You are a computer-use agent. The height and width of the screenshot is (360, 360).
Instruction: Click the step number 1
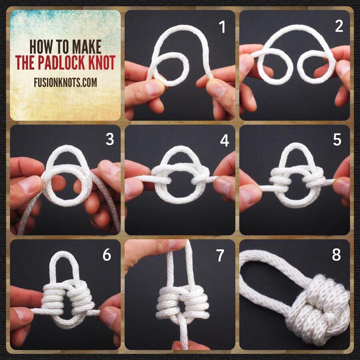[x=222, y=27]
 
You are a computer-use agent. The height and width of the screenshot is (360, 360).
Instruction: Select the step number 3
[x=110, y=139]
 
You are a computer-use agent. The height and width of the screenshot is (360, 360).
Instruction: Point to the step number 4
[x=224, y=140]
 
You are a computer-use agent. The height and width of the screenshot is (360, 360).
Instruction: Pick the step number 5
[x=337, y=140]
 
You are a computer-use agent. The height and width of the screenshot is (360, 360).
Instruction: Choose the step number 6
[x=107, y=255]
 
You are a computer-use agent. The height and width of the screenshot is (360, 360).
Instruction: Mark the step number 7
[x=220, y=255]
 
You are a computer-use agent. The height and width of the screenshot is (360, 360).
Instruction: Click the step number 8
[x=336, y=255]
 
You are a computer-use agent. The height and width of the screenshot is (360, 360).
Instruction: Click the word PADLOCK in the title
[x=65, y=62]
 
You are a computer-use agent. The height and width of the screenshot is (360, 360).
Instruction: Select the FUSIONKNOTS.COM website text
[x=66, y=82]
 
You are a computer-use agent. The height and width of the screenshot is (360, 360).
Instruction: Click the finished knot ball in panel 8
[x=318, y=310]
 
